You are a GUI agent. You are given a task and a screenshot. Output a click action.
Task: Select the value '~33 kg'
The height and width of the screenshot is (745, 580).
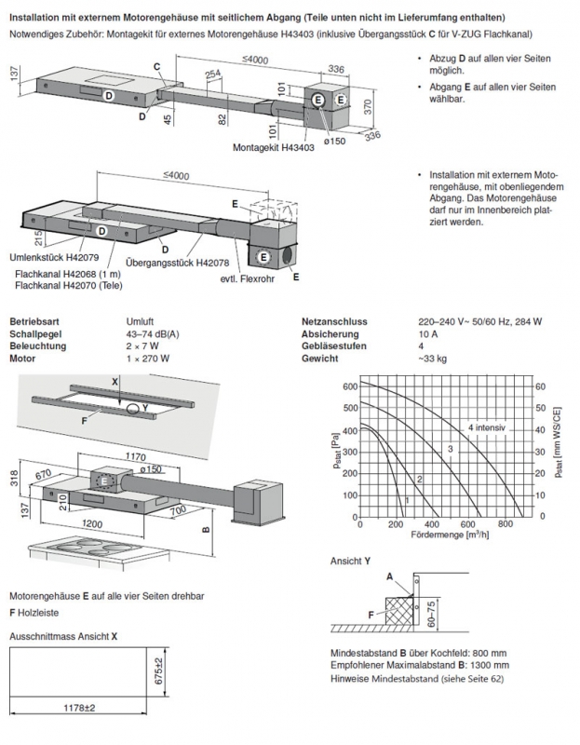(x=433, y=357)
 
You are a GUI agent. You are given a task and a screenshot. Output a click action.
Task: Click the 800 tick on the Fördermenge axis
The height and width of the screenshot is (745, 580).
(x=505, y=525)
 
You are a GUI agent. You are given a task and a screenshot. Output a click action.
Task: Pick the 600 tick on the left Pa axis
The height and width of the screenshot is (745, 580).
(x=349, y=386)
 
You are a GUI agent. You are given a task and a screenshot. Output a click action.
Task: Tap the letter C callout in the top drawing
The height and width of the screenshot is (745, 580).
(x=158, y=67)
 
